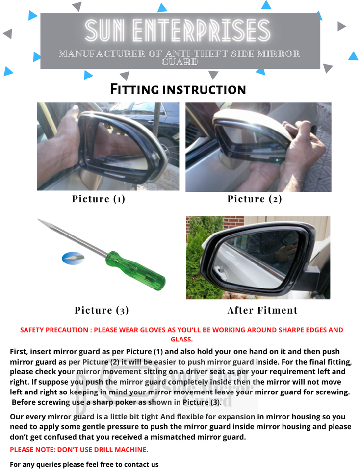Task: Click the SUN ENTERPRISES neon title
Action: [178, 31]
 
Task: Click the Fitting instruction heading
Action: [178, 89]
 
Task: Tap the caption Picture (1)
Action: [99, 199]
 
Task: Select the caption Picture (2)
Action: [255, 199]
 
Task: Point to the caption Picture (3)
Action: [102, 310]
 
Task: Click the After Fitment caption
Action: [262, 310]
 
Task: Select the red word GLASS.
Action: [181, 339]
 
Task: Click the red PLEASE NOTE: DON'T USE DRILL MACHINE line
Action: [79, 450]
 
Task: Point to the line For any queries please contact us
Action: [84, 464]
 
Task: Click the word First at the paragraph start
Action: [20, 352]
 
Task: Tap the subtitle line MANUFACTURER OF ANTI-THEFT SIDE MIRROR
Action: [179, 53]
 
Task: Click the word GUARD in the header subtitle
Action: [180, 62]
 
